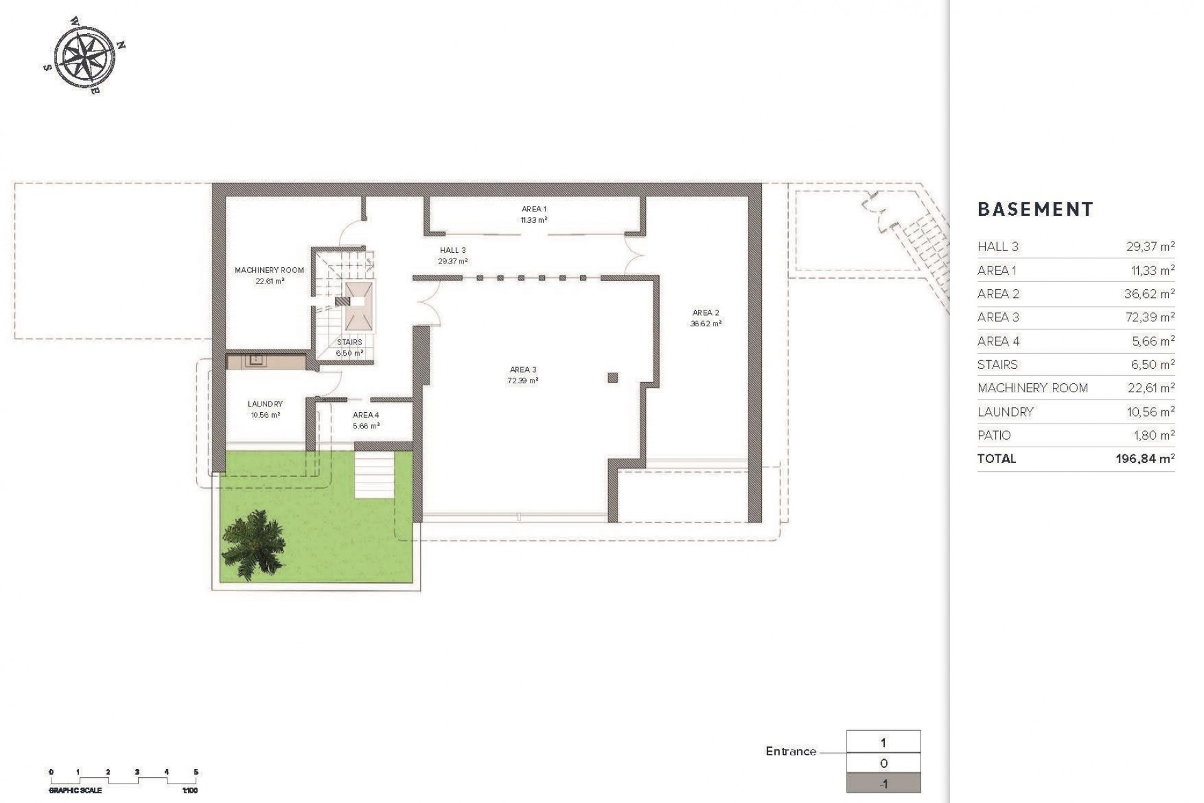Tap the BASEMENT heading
pos(1035,210)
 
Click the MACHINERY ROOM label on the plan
pos(269,270)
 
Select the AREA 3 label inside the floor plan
pos(522,370)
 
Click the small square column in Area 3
pos(613,378)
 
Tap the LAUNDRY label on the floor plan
pos(265,404)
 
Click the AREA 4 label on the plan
pos(366,415)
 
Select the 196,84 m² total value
pos(1144,459)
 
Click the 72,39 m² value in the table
pos(1150,317)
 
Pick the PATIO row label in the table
pos(994,435)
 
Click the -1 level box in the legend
pos(883,784)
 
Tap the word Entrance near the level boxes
pos(791,752)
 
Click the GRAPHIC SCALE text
pos(75,790)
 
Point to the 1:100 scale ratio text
pos(189,790)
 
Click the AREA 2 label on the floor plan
pos(705,312)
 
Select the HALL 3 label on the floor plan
pos(453,250)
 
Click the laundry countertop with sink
pos(266,361)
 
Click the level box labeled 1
pos(883,743)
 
